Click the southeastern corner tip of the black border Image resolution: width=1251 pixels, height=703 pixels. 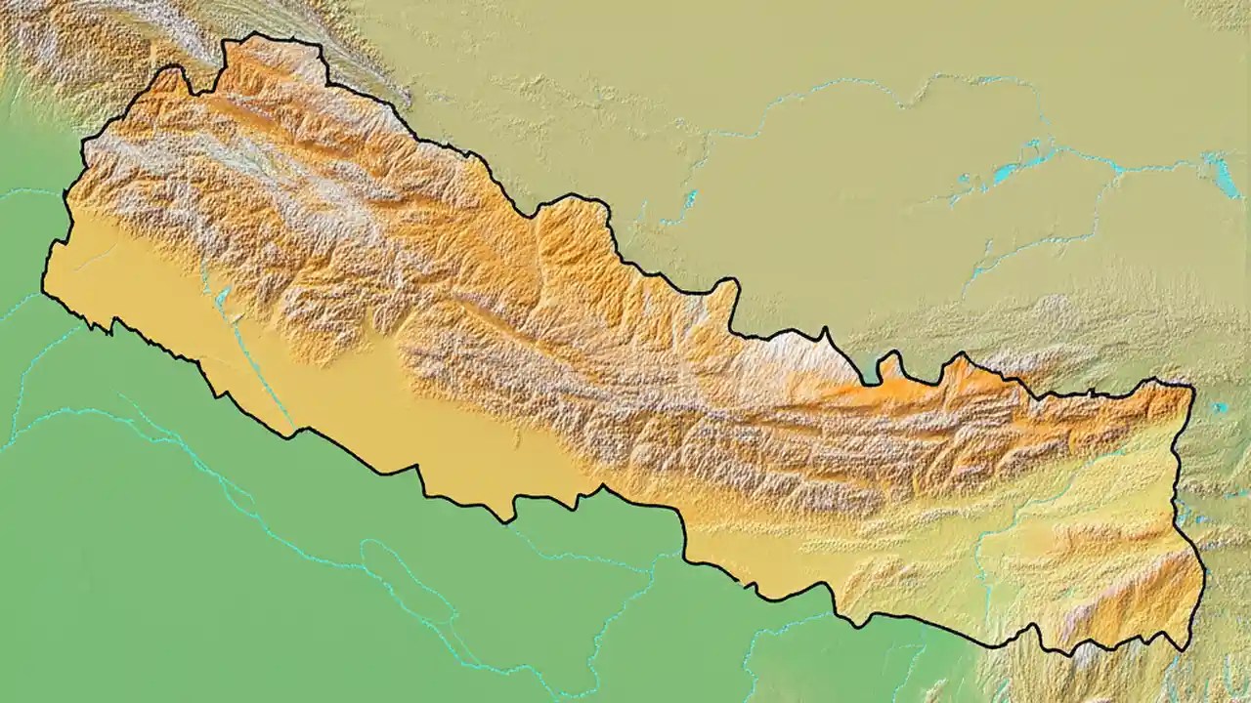[1186, 648]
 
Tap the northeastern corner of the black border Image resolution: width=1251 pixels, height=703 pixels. [1192, 387]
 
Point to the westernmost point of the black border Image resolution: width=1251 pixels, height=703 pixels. [43, 285]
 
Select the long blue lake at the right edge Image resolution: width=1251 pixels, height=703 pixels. [1223, 176]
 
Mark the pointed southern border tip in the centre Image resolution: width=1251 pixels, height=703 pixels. [508, 518]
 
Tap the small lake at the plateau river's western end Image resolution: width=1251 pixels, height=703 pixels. [690, 199]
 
